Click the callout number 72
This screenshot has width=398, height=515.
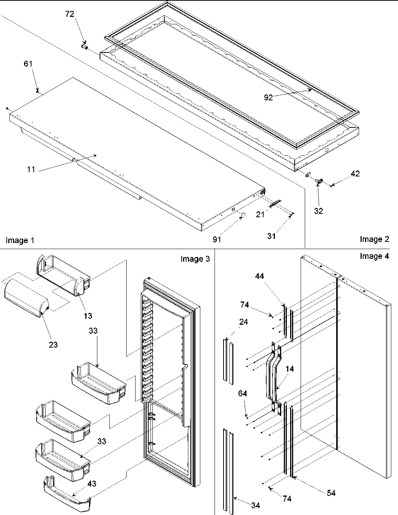(70, 14)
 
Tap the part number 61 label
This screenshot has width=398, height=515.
(28, 64)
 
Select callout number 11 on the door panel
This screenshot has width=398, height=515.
(31, 170)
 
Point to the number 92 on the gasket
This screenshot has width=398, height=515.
(268, 97)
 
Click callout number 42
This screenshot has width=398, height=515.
(355, 173)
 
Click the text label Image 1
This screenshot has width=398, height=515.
(20, 240)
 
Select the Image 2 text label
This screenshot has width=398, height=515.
(374, 239)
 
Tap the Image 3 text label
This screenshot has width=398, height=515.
(195, 259)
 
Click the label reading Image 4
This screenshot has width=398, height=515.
(374, 256)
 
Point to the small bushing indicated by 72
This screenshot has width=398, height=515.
(84, 47)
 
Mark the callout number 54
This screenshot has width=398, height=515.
(331, 493)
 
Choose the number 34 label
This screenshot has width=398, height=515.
(255, 506)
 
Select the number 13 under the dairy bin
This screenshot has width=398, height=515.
(88, 315)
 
